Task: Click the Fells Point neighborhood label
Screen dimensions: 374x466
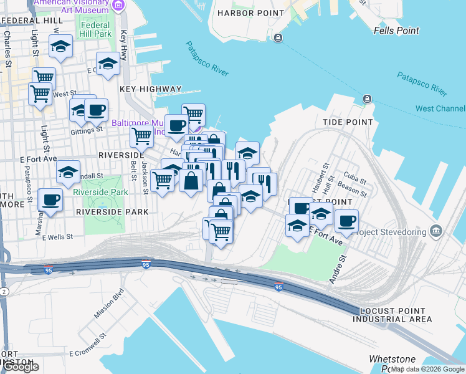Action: click(x=396, y=31)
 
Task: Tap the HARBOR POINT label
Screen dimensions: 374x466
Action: click(x=244, y=13)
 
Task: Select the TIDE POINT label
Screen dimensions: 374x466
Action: click(x=348, y=122)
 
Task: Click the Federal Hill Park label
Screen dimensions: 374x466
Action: click(x=96, y=29)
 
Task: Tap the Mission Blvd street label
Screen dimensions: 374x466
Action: click(x=108, y=304)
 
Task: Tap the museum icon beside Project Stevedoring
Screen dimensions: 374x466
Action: click(x=436, y=232)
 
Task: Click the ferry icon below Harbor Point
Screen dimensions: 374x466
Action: click(x=278, y=39)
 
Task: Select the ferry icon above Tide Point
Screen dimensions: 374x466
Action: click(x=367, y=98)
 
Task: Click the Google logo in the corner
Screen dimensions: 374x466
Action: click(x=21, y=367)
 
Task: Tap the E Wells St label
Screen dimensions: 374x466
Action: click(x=58, y=237)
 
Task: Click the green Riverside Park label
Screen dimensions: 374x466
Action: click(x=100, y=192)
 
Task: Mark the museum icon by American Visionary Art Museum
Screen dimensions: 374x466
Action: click(x=118, y=6)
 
